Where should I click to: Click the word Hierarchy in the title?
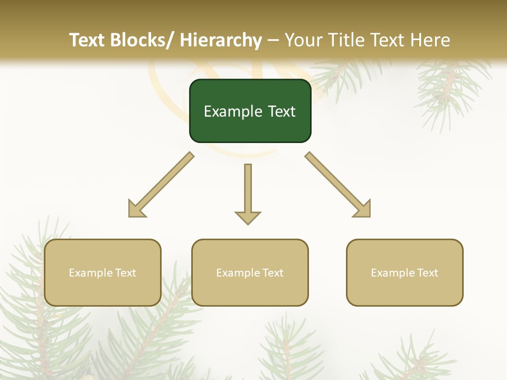click(220, 41)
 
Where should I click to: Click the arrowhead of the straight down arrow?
click(248, 217)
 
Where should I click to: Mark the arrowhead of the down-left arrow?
click(135, 211)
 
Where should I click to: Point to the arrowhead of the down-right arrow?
click(363, 210)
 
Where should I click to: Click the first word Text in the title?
click(87, 41)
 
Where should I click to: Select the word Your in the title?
click(304, 41)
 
